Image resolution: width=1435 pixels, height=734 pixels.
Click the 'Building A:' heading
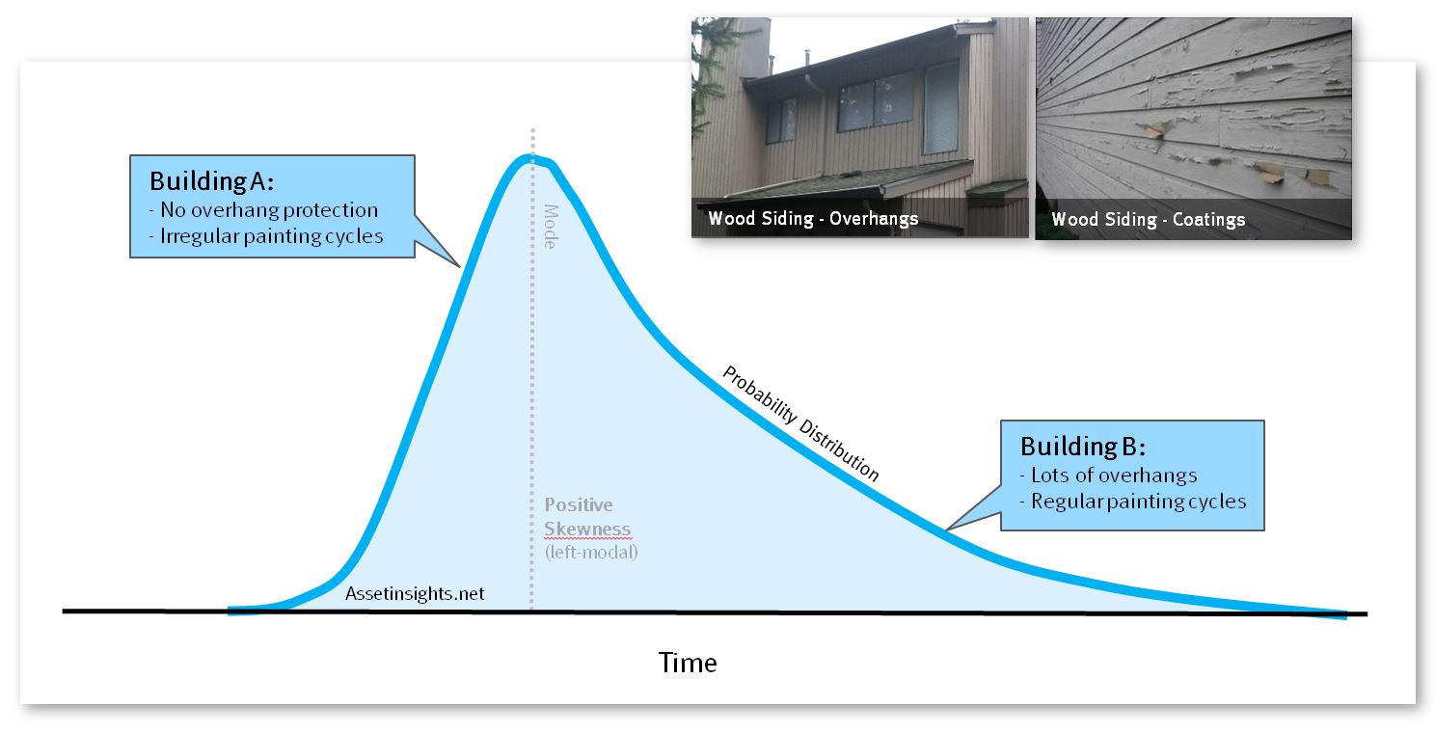coord(211,181)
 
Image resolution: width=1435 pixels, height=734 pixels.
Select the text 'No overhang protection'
coord(268,209)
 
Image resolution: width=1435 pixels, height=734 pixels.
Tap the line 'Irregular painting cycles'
coord(271,236)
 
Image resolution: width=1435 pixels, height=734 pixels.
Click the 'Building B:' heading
coord(1083,447)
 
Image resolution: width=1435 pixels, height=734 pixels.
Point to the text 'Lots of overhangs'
coord(1114,476)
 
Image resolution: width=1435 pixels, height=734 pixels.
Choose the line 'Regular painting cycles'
coord(1138,502)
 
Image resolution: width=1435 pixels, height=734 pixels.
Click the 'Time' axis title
coord(688,663)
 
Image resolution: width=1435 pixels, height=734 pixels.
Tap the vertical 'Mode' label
coord(551,227)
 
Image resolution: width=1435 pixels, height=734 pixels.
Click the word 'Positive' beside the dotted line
coord(579,504)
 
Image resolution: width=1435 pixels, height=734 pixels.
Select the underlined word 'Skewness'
coord(587,530)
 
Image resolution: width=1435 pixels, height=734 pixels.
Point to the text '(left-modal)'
coord(591,552)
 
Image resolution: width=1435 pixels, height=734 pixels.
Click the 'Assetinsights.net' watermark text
coord(415,594)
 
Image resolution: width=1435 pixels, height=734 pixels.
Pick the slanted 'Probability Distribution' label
coord(800,423)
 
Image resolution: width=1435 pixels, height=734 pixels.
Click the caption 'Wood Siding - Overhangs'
coord(813,218)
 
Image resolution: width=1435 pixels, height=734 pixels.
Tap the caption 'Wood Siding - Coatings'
coord(1148,220)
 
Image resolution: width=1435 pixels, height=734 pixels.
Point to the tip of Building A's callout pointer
coord(459,266)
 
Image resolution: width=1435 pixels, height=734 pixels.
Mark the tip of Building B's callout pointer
coord(947,530)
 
